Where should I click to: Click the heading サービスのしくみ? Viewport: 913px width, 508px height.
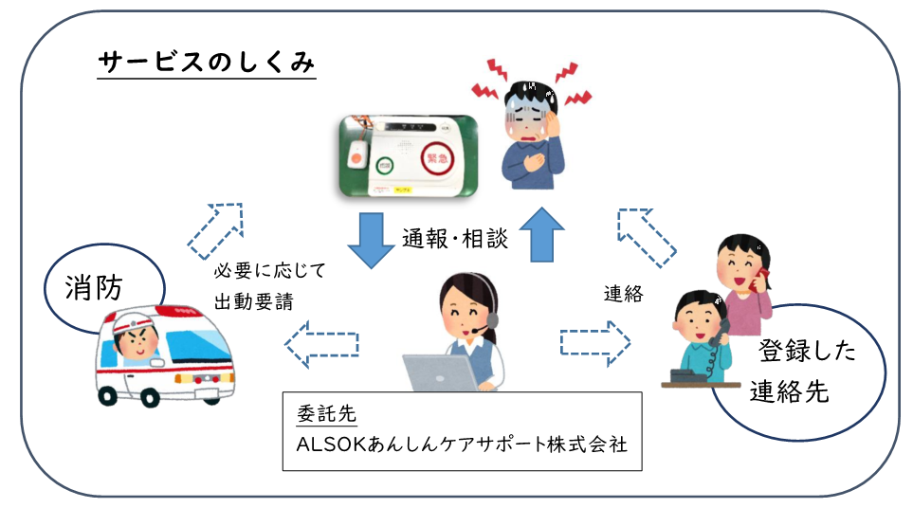207,63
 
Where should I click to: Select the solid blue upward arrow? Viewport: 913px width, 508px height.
541,235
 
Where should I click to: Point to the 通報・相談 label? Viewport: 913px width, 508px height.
455,240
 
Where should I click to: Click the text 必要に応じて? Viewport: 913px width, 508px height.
271,271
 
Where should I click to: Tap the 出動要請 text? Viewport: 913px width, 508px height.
254,302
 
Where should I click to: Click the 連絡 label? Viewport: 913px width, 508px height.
623,294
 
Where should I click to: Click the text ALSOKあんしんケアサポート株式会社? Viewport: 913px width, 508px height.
462,444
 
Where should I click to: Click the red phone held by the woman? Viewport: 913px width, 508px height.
759,278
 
